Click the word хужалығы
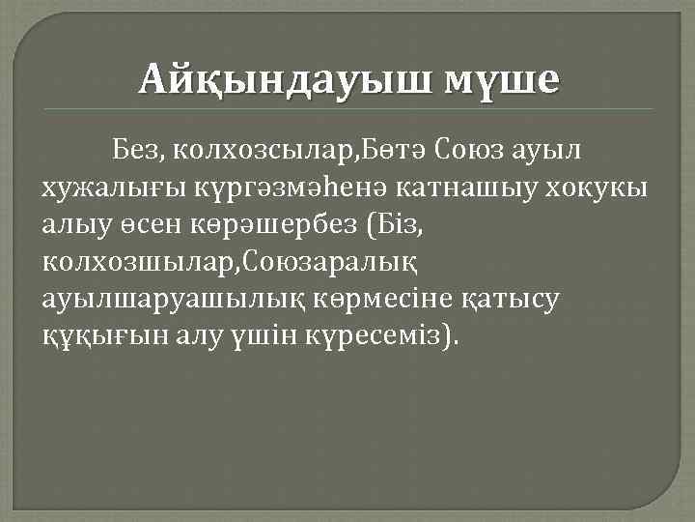[x=112, y=187]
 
